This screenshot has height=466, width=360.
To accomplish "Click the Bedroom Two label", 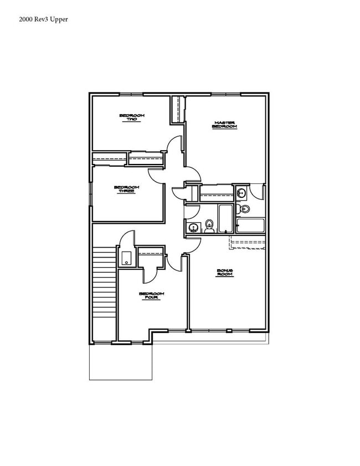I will [132, 117].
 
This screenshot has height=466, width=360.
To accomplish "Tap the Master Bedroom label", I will [225, 125].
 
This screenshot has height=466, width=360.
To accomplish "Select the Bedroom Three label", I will [127, 190].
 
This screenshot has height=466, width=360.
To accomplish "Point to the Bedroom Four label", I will [151, 296].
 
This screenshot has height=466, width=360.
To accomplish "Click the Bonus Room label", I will [225, 272].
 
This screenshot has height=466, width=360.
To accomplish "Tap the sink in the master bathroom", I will [241, 193].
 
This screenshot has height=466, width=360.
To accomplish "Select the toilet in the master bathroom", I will [244, 209].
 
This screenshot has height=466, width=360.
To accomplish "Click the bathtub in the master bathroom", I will [250, 225].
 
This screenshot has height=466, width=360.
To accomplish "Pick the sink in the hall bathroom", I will [193, 227].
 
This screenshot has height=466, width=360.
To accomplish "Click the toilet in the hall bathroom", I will [209, 226].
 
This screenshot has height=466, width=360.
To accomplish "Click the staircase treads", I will [104, 283].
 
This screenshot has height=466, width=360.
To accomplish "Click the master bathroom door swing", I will [256, 192].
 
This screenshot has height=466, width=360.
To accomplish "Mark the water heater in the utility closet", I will [126, 258].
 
